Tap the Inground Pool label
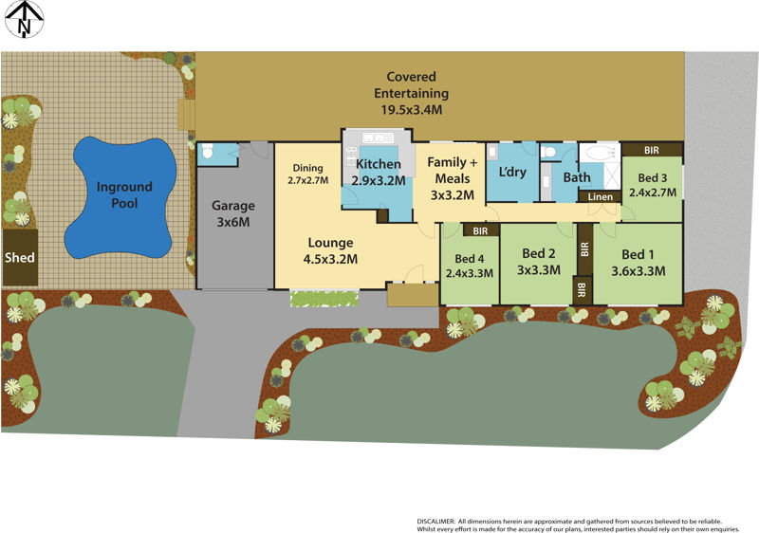[x=124, y=195]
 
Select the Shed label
[x=20, y=257]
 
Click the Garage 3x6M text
[x=233, y=213]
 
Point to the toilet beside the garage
[x=207, y=152]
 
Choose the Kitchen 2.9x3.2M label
[x=379, y=172]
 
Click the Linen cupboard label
[x=601, y=196]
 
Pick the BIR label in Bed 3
[x=652, y=150]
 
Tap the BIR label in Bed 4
[x=480, y=230]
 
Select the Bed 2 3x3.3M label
[x=539, y=262]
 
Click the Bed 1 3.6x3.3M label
[x=638, y=262]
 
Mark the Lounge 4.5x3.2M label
[x=330, y=249]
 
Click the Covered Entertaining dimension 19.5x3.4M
[x=412, y=110]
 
